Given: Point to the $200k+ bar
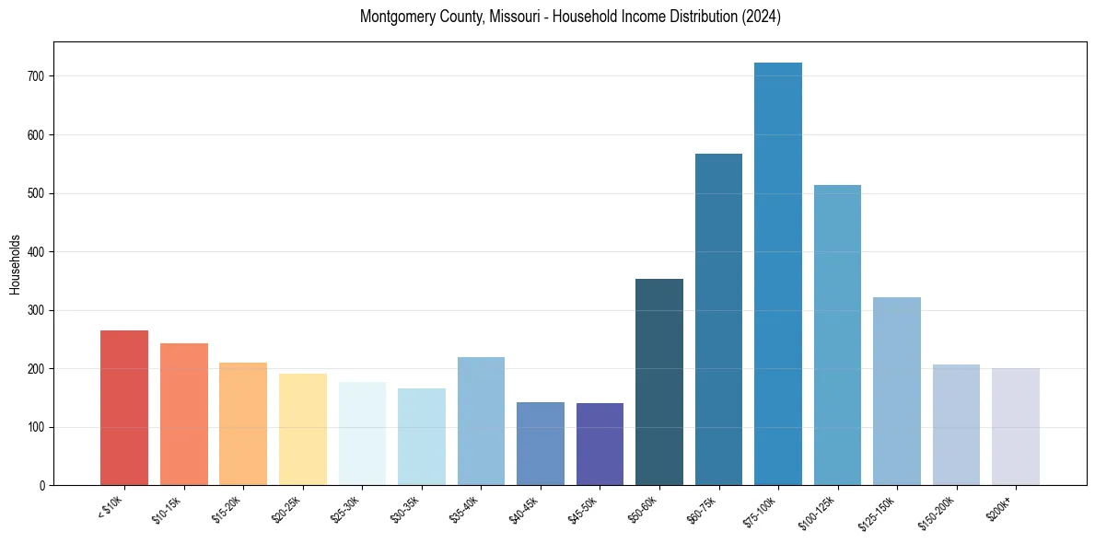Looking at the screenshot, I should [1016, 427].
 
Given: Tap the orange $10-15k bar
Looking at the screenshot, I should [184, 414].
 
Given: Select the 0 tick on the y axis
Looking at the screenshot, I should [42, 486].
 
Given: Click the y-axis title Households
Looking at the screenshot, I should [15, 263].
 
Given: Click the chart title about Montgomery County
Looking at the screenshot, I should [570, 17].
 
